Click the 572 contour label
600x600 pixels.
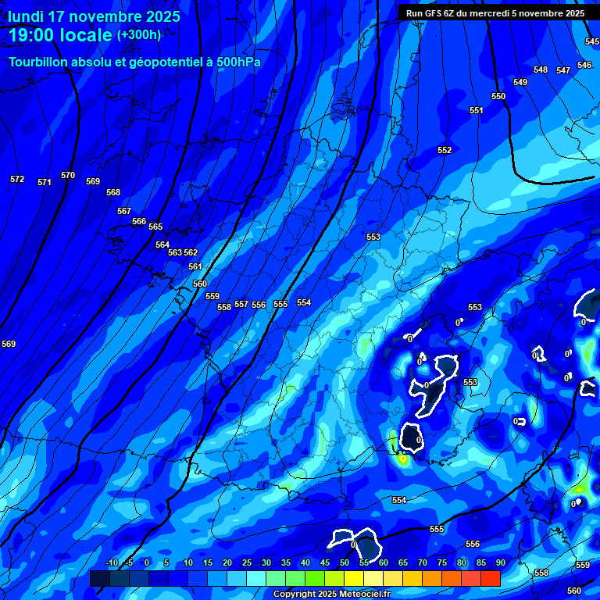17,179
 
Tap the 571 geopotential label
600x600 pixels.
45,182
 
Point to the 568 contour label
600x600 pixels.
113,192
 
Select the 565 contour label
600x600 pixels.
155,227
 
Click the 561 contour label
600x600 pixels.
195,266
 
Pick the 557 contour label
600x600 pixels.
241,304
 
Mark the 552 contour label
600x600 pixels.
445,150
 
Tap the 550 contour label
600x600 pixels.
498,96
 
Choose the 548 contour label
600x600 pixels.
541,70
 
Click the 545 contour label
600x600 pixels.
591,41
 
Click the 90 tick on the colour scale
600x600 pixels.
500,562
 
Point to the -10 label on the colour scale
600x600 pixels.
111,562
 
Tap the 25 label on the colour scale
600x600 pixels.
246,562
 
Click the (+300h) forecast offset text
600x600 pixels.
139,34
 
